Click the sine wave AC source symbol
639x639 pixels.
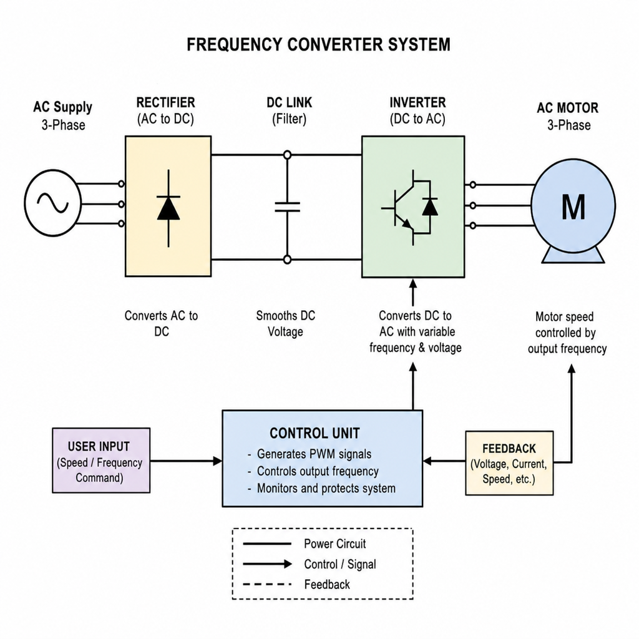(x=52, y=203)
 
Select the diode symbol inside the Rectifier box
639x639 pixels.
(x=168, y=208)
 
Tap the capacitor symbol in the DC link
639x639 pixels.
(x=287, y=207)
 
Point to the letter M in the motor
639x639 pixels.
(x=573, y=207)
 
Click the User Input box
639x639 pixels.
(x=101, y=461)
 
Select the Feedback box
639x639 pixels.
(x=509, y=463)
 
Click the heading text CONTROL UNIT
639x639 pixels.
(x=315, y=433)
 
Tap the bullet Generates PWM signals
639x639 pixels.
(x=314, y=454)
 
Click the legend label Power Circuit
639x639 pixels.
(x=335, y=544)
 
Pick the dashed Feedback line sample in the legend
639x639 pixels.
(x=267, y=584)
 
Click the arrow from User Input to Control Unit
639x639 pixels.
(x=186, y=461)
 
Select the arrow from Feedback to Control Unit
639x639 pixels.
(x=444, y=461)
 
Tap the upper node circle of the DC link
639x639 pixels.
(x=287, y=155)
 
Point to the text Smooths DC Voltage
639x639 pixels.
(x=285, y=324)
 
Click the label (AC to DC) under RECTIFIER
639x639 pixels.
(x=165, y=119)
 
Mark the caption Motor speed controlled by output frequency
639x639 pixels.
(x=567, y=333)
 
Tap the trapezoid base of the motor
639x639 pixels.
(x=573, y=256)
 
